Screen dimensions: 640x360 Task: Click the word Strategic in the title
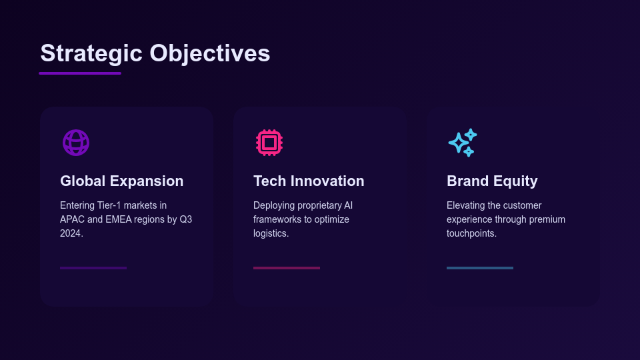coord(91,54)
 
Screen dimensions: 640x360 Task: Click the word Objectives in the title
coord(210,53)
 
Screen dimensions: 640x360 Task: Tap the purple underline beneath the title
coord(80,73)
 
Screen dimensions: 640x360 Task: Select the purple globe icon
coord(76,143)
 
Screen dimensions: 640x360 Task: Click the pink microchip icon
coord(269,143)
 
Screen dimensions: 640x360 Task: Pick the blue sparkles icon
coord(463,143)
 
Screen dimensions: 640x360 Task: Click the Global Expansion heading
coord(121,181)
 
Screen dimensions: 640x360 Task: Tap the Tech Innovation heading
coord(309,181)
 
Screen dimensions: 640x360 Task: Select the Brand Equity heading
coord(492,181)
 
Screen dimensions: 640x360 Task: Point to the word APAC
coord(72,219)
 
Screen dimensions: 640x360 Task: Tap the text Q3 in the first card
coord(186,219)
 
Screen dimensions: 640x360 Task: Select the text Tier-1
coord(110,205)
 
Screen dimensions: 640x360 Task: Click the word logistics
coord(270,234)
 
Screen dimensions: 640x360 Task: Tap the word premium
coord(547,220)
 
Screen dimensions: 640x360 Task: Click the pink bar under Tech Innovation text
coord(287,268)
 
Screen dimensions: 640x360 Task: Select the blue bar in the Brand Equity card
coord(480,268)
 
